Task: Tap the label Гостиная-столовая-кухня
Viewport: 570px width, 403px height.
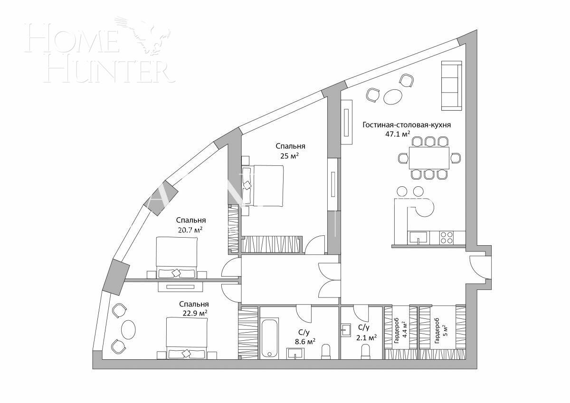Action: (406, 125)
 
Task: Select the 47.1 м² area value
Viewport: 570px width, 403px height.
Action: (398, 134)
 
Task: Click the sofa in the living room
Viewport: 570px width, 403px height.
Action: (451, 85)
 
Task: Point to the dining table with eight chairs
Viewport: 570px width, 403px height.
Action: (429, 158)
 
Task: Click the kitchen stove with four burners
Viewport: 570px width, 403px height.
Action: (446, 237)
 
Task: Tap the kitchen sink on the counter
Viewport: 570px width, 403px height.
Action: (418, 237)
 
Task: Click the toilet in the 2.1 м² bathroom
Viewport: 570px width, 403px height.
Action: (366, 350)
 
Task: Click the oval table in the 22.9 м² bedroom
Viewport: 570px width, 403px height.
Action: (128, 329)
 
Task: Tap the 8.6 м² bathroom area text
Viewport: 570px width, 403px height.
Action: (304, 342)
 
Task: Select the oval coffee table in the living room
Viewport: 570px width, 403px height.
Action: (393, 96)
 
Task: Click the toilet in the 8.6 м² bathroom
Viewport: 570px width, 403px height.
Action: (326, 351)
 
